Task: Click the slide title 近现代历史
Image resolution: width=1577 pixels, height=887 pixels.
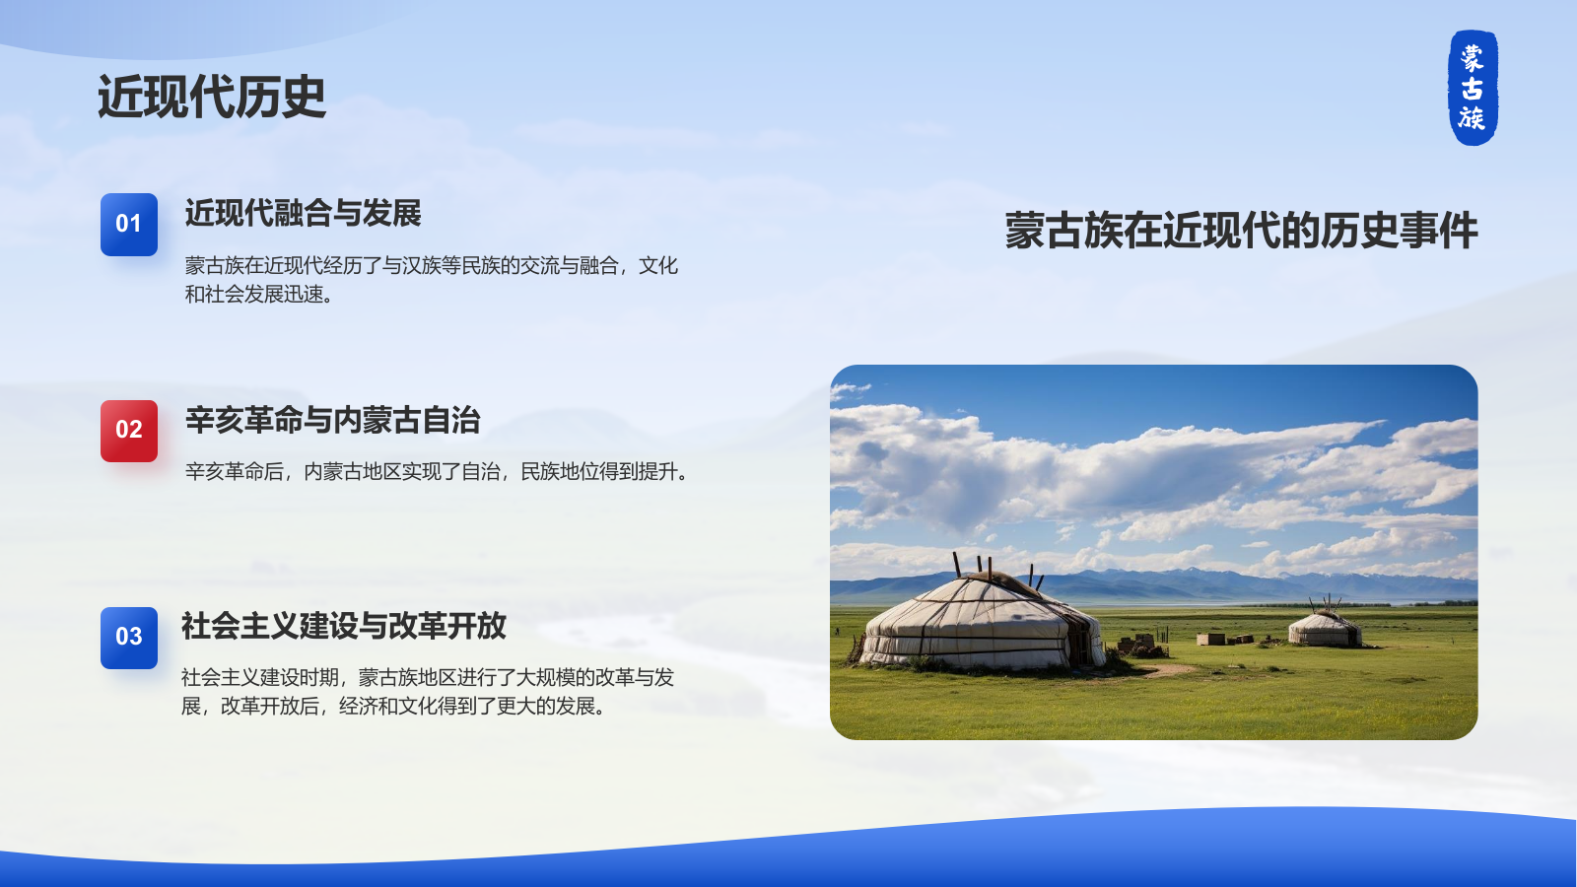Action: click(x=211, y=98)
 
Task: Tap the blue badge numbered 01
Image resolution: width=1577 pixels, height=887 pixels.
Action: click(x=129, y=224)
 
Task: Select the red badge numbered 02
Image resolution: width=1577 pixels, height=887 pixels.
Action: click(x=129, y=431)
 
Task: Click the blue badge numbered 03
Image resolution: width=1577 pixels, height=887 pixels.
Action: click(x=129, y=638)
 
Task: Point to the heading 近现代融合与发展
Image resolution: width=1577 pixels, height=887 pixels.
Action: click(x=303, y=213)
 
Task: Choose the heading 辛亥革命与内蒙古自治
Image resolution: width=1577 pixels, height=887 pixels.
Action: click(x=332, y=420)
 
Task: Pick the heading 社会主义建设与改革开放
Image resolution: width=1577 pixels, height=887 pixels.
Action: click(x=343, y=626)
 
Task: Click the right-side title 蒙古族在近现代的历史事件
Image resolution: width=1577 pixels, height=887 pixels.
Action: click(x=1241, y=232)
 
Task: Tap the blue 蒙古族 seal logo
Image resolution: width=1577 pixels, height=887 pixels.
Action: click(x=1473, y=87)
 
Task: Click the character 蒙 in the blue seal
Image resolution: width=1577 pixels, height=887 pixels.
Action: click(x=1473, y=57)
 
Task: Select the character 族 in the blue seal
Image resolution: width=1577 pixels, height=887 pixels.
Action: click(x=1473, y=118)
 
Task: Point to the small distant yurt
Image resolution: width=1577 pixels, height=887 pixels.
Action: click(x=1325, y=628)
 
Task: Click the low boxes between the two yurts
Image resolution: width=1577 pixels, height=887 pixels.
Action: click(x=1222, y=639)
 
